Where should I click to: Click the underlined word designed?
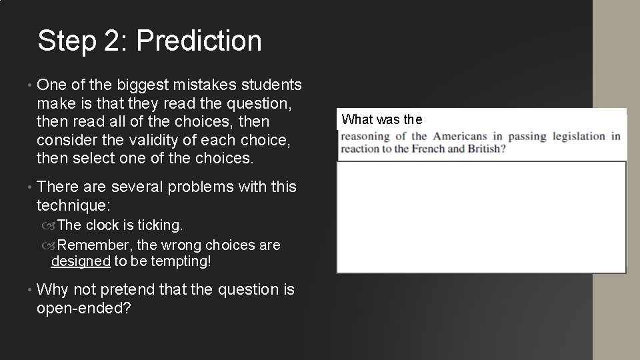coord(80,261)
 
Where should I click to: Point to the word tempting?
coord(181,261)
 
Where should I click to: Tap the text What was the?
coord(382,120)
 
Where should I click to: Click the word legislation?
coord(578,136)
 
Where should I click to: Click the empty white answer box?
coord(481,217)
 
